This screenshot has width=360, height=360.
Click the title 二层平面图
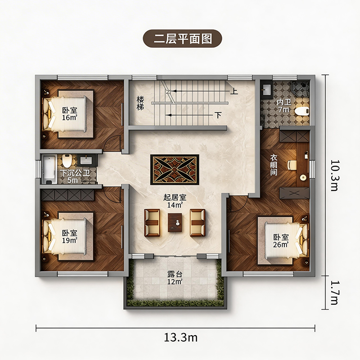point(183,39)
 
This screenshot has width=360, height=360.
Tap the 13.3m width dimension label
point(181,337)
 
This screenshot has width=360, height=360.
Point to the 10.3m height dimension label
point(334,175)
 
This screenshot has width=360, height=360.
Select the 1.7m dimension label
point(334,293)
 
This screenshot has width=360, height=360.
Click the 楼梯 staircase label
point(140,103)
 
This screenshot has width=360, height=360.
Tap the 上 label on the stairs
point(234,91)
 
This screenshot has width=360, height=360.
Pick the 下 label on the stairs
point(218,115)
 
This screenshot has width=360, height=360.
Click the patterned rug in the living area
point(175,170)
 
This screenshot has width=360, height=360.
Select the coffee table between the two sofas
point(175,222)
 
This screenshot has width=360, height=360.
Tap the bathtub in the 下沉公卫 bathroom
point(49,169)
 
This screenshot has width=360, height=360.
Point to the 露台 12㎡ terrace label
point(175,278)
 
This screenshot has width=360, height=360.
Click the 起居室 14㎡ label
point(175,201)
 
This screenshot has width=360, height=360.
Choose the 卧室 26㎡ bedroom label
point(281,241)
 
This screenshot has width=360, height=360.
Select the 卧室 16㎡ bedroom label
point(70,114)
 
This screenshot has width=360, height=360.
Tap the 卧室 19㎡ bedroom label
point(70,237)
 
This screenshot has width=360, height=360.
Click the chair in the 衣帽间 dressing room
point(292,165)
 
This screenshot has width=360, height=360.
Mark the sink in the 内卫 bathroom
point(267,89)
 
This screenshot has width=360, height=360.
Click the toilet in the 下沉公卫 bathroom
point(67,161)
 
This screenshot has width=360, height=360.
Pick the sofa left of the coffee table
point(152,223)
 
